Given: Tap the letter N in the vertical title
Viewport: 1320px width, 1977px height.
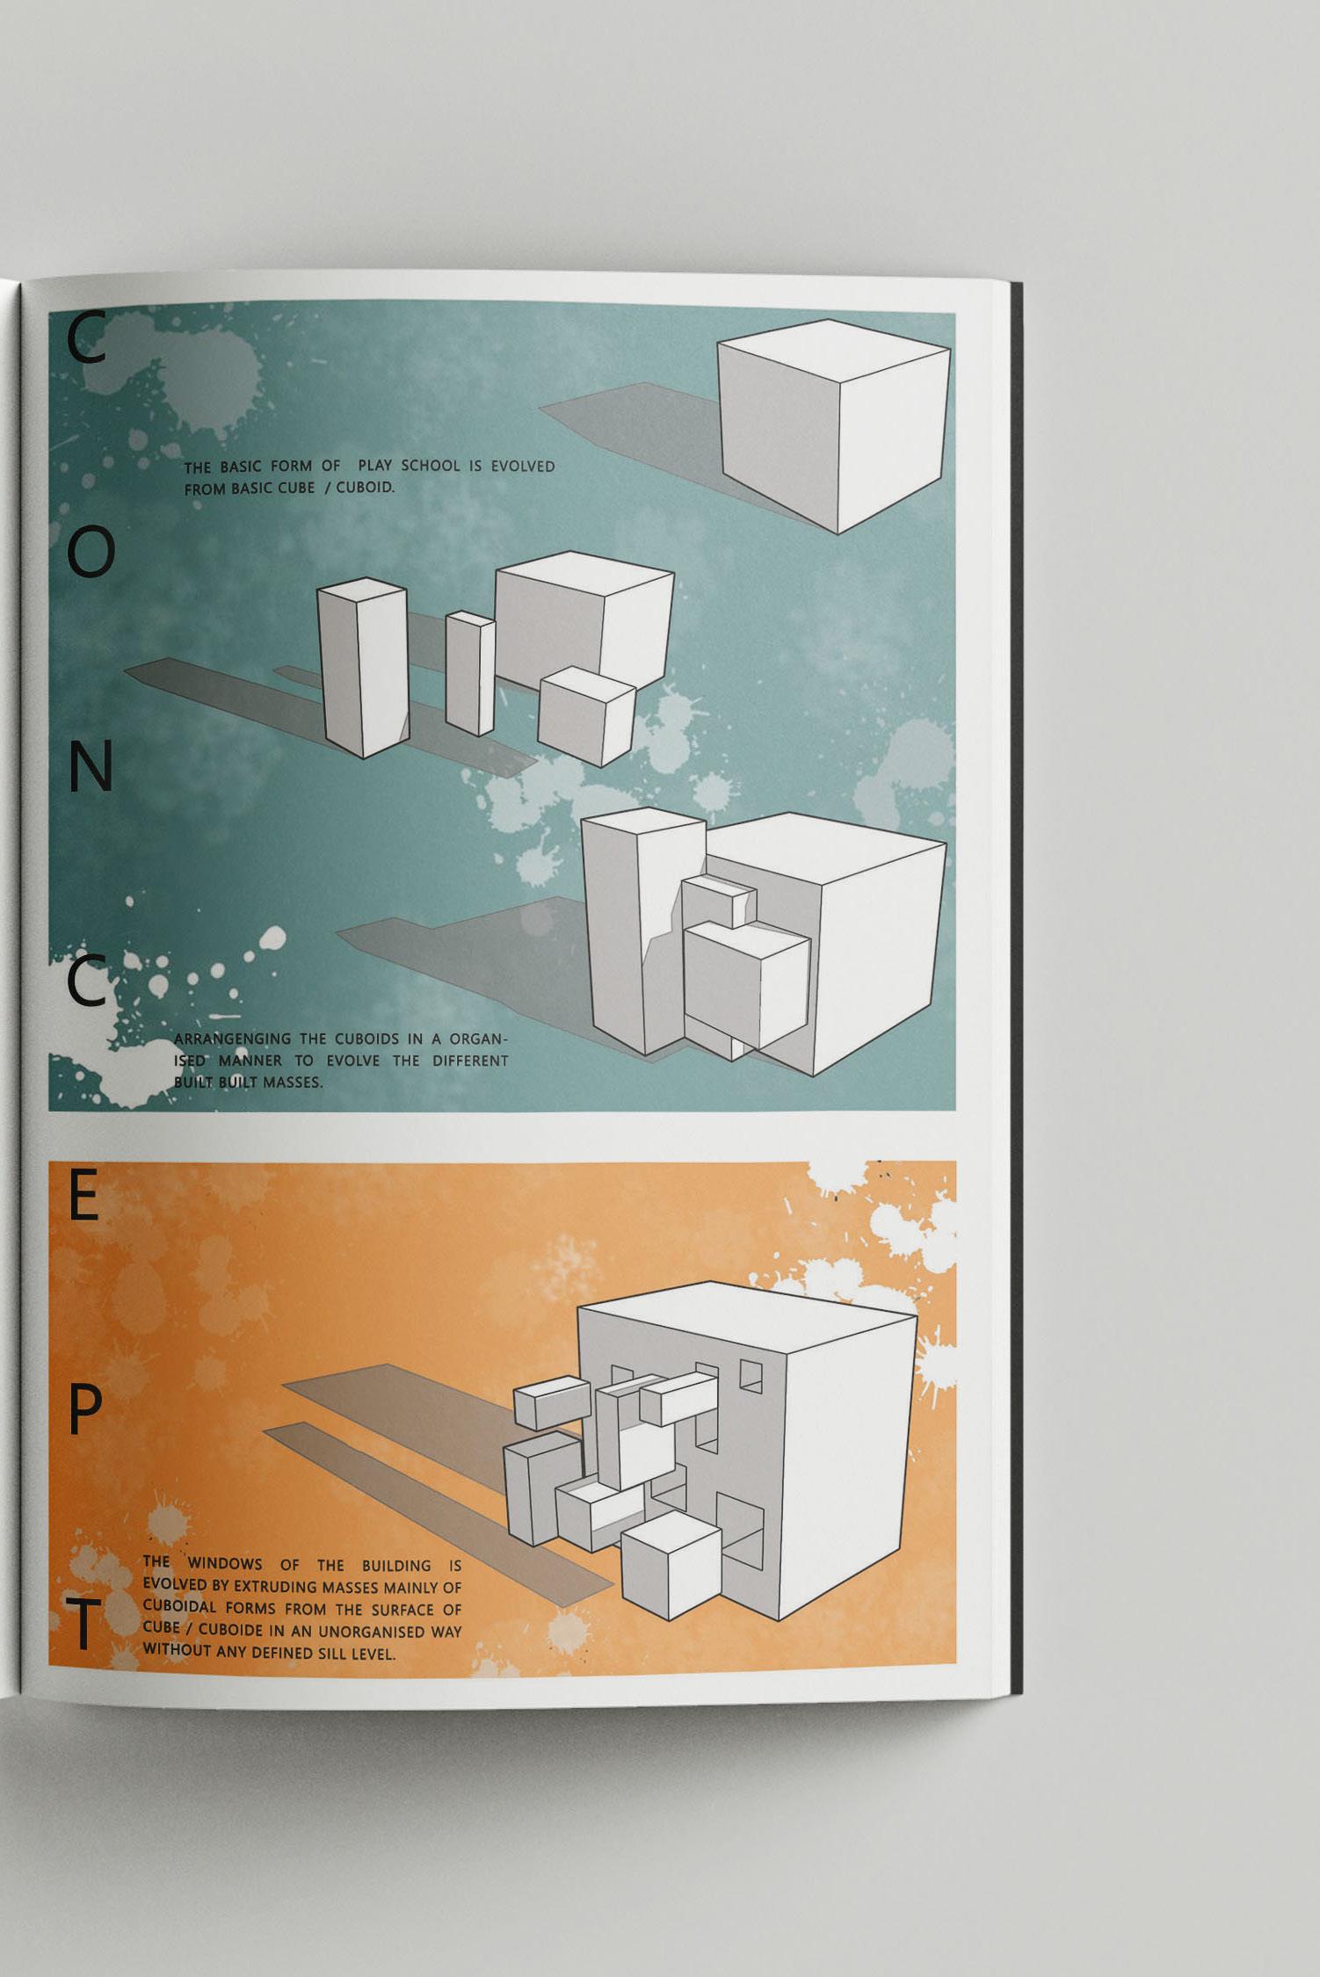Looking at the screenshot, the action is (x=91, y=765).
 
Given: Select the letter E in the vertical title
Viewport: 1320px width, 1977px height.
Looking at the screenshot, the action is (x=83, y=1197).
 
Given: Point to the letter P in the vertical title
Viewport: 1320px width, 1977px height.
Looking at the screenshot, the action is (x=84, y=1411).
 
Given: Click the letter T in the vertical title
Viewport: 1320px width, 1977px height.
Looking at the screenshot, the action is (x=83, y=1624).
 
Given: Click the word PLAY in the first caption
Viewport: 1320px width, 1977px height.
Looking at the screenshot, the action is (x=374, y=466).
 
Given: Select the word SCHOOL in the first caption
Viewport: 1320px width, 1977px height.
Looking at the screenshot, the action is (x=431, y=466).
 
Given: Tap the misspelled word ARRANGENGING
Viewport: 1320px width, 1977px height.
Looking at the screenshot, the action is (x=232, y=1039).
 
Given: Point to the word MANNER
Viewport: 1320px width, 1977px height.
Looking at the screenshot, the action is (x=250, y=1061).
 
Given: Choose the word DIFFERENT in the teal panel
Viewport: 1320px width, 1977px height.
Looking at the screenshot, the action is (x=470, y=1061).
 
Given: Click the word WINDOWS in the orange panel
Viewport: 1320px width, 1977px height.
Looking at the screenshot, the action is (x=225, y=1563).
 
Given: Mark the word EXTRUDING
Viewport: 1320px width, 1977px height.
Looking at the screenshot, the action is (x=274, y=1586).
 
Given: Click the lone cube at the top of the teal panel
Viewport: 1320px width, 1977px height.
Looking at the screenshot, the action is (x=834, y=425).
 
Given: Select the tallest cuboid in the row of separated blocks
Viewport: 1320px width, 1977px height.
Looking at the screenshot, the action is (x=362, y=668).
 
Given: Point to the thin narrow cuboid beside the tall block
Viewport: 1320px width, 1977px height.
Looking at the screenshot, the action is (x=470, y=673).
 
